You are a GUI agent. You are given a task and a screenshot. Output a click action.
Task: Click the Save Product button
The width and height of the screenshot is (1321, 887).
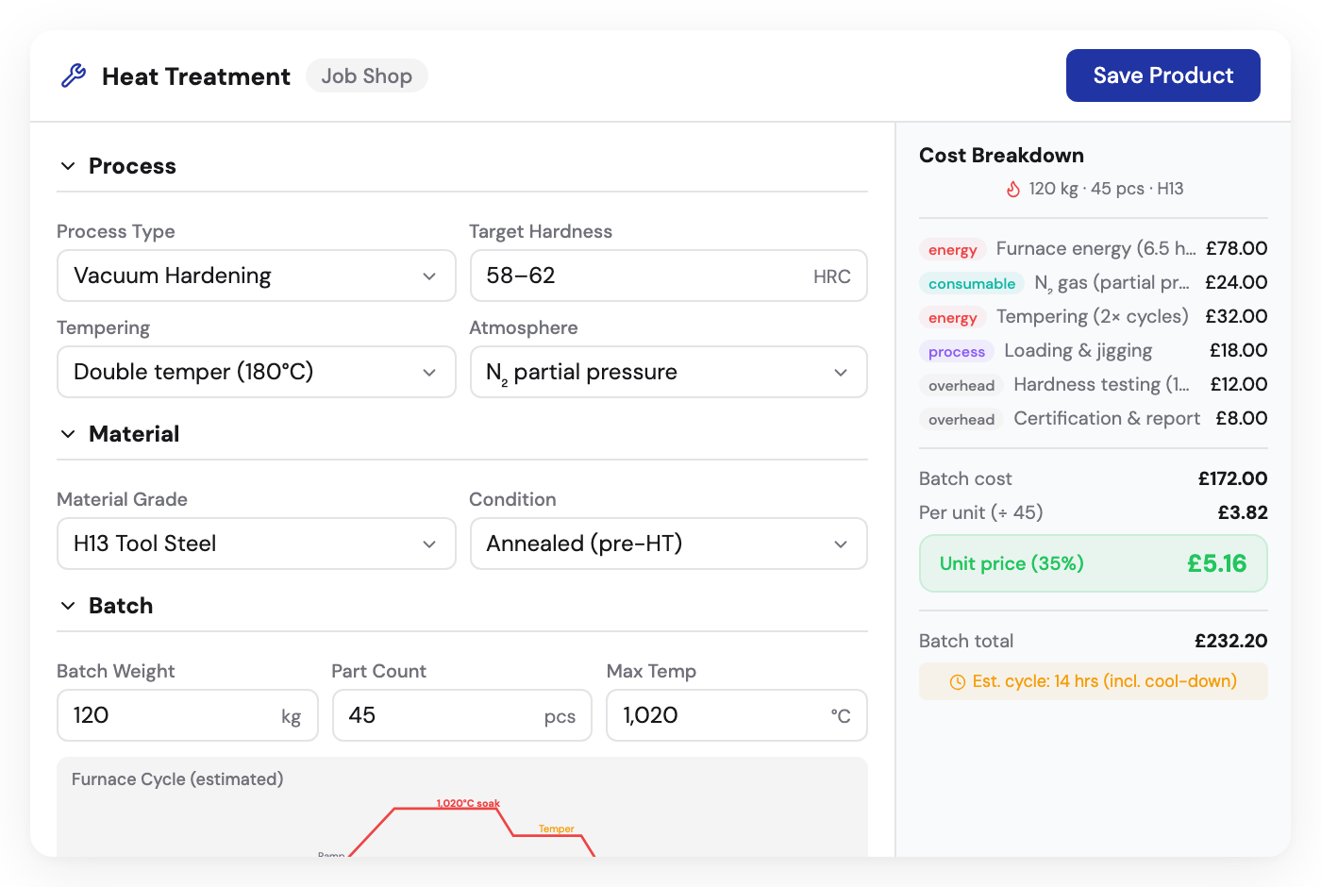click(1162, 75)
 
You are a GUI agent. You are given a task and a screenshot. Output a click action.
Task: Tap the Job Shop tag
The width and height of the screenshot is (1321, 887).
click(366, 76)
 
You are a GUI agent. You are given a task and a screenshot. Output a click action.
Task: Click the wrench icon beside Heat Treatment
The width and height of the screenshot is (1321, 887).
click(74, 75)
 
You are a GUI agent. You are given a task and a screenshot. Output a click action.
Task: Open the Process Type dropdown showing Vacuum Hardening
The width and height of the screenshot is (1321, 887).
click(256, 276)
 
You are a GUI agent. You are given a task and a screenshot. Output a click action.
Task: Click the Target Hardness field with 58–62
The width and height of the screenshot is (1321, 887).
click(668, 276)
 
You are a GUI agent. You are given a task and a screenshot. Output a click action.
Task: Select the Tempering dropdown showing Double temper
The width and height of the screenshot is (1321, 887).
click(256, 372)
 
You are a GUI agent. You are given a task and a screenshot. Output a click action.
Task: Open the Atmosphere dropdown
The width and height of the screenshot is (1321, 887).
click(668, 372)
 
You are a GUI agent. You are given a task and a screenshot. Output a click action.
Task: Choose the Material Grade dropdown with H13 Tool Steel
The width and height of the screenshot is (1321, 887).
click(256, 544)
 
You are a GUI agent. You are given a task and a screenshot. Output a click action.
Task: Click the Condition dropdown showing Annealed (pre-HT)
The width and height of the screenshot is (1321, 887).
click(668, 544)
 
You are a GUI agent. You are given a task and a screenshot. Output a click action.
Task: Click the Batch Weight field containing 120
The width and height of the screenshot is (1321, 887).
click(187, 715)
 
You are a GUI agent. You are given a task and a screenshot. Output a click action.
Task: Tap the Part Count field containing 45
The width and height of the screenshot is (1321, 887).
click(461, 715)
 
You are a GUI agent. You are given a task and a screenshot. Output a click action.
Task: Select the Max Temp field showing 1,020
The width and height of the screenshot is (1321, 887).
click(736, 715)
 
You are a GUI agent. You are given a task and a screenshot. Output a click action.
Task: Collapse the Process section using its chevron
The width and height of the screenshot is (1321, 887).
click(68, 166)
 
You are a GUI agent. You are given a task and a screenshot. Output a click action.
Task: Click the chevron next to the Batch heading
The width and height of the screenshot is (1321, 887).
click(68, 606)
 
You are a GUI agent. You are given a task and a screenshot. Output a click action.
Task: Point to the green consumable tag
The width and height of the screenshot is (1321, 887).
click(972, 283)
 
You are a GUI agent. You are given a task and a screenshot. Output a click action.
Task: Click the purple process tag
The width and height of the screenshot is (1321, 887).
click(956, 351)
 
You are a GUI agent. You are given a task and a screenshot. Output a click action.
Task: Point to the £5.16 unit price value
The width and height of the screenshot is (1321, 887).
click(1216, 563)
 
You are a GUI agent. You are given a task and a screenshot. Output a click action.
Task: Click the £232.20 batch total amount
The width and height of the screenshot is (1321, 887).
click(1230, 641)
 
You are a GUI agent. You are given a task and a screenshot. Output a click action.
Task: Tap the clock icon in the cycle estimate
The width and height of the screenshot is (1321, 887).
click(957, 682)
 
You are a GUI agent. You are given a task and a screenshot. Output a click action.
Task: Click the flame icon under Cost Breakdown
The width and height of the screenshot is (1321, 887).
click(1013, 189)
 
